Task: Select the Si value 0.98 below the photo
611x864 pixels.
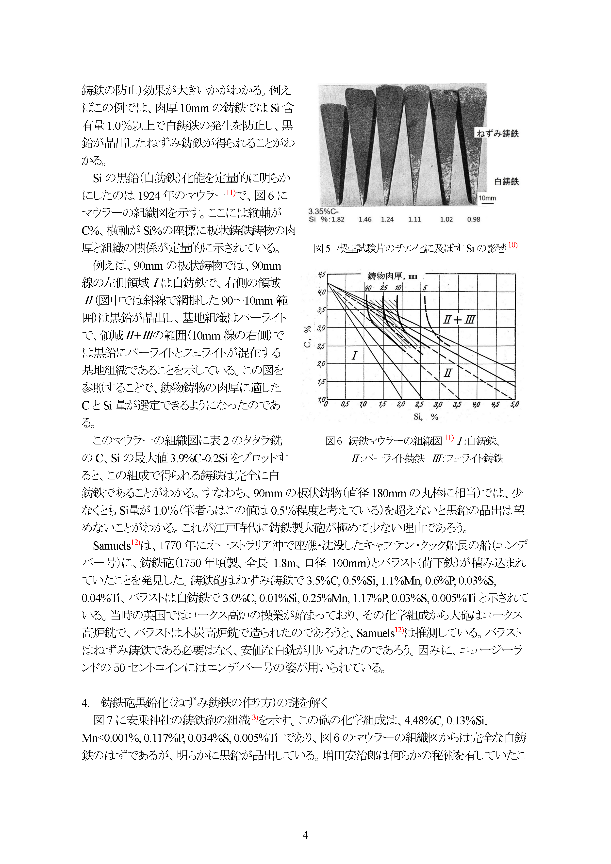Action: tap(474, 219)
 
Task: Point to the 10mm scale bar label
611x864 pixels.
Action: tap(487, 198)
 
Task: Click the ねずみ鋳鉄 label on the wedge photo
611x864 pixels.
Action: tap(498, 134)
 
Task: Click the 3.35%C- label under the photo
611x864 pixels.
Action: tap(323, 212)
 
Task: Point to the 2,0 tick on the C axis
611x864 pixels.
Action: tap(321, 364)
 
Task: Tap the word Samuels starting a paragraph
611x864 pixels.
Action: tap(111, 546)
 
